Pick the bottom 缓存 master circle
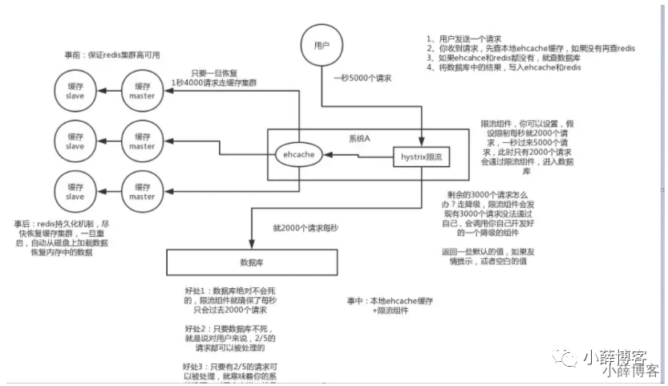(x=142, y=191)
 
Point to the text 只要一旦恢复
(x=213, y=73)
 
